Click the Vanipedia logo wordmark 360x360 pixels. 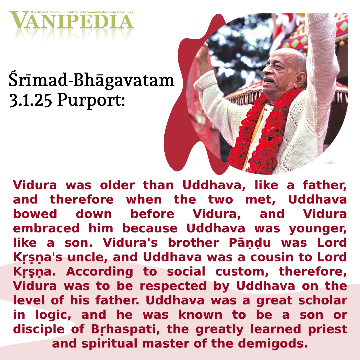coord(71,20)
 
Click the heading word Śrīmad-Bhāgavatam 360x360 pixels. coord(91,80)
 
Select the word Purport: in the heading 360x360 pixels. coord(91,101)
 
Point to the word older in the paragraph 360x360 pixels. coord(117,185)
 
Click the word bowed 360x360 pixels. coord(35,214)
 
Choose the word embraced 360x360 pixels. coord(46,228)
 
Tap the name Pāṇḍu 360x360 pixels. coord(250,243)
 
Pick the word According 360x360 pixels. coord(99,272)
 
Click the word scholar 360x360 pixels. coord(323,300)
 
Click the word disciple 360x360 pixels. coord(39,329)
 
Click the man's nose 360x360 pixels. coord(267,69)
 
